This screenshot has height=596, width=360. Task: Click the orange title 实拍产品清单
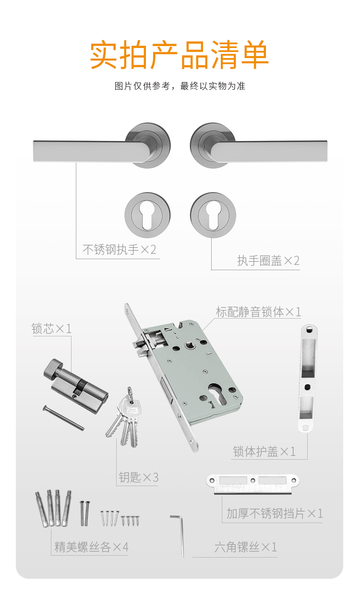[180, 55]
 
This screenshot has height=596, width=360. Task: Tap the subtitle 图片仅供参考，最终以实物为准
[180, 86]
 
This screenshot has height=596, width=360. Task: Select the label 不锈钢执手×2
[120, 250]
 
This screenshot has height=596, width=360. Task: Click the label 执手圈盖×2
[268, 261]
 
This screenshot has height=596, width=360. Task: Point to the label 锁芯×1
[52, 329]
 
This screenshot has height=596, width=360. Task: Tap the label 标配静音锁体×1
[258, 312]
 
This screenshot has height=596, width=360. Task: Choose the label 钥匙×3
[139, 477]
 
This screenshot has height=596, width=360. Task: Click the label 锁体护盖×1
[264, 452]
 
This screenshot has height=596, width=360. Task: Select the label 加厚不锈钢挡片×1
[275, 513]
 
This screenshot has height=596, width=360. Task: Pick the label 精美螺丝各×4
[91, 547]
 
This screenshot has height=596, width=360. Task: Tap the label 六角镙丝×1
[246, 547]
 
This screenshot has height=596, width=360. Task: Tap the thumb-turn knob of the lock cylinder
[53, 369]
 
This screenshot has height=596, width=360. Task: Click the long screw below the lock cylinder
[63, 418]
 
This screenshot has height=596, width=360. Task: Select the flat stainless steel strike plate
[253, 484]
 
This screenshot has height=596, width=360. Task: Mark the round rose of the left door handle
[148, 145]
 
